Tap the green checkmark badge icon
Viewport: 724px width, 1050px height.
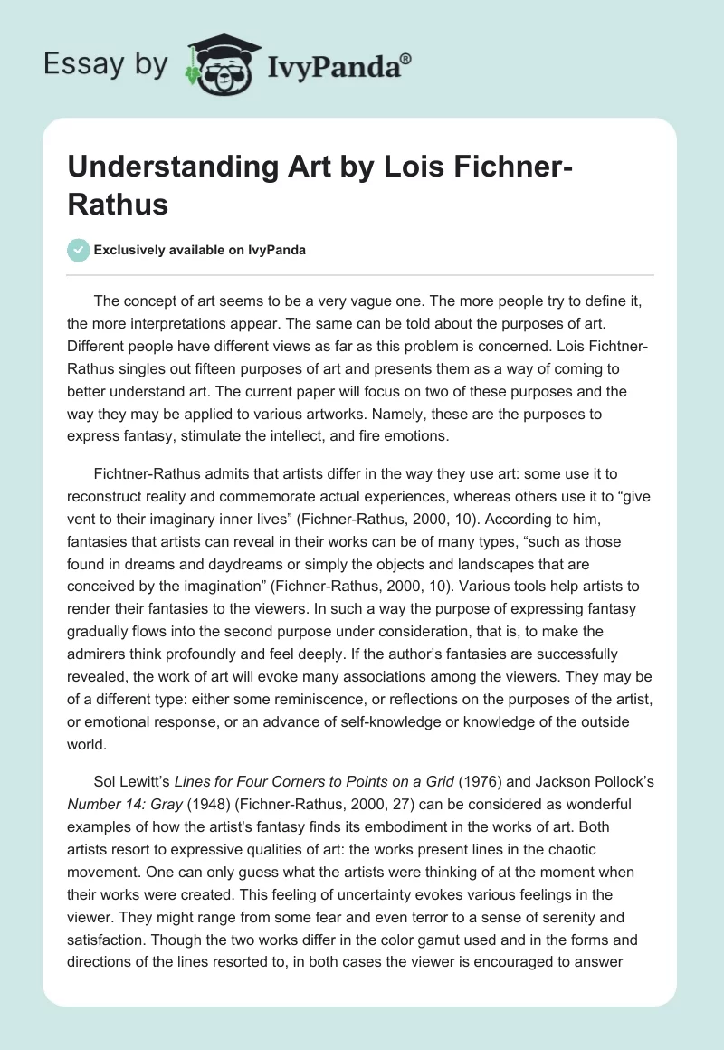pos(80,250)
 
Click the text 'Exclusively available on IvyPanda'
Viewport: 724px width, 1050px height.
pos(200,251)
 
